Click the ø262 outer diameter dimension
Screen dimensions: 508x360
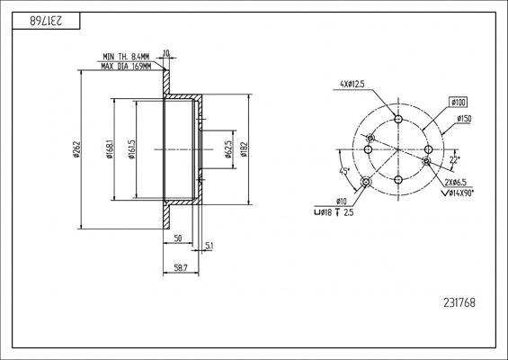pyautogui.click(x=76, y=149)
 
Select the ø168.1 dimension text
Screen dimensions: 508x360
pyautogui.click(x=110, y=149)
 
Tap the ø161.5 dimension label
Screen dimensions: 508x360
pyautogui.click(x=131, y=149)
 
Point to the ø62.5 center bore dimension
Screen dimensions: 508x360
pyautogui.click(x=228, y=149)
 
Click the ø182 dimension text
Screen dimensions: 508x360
pyautogui.click(x=244, y=149)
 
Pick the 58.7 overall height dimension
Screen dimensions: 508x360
pyautogui.click(x=181, y=268)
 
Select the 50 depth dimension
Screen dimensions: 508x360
pyautogui.click(x=178, y=238)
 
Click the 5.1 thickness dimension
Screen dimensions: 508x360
pyautogui.click(x=209, y=247)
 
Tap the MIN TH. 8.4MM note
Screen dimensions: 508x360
pyautogui.click(x=126, y=57)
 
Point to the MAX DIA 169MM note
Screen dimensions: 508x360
pyautogui.click(x=126, y=67)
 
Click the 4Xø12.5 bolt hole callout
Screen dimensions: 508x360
pyautogui.click(x=352, y=84)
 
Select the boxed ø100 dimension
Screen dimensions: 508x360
pyautogui.click(x=459, y=103)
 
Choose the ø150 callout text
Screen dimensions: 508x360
pyautogui.click(x=464, y=119)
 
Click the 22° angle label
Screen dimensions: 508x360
pyautogui.click(x=455, y=159)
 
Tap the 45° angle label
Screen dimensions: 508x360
pyautogui.click(x=344, y=171)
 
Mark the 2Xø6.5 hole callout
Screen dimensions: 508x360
pyautogui.click(x=455, y=183)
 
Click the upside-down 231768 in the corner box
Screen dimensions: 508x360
pyautogui.click(x=47, y=21)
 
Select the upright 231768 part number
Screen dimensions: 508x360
pyautogui.click(x=459, y=303)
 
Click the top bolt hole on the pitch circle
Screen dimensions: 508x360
pyautogui.click(x=398, y=119)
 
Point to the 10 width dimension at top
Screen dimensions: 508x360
pyautogui.click(x=166, y=53)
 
